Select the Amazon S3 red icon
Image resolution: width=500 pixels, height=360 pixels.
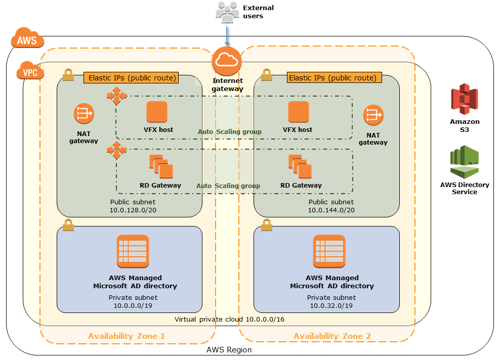click(464, 100)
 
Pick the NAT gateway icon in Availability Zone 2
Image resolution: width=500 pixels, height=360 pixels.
click(372, 115)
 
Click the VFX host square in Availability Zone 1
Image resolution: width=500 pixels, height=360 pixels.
click(156, 112)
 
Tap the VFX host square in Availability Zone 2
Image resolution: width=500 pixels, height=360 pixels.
click(298, 112)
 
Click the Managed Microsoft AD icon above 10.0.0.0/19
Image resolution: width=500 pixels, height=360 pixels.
click(133, 251)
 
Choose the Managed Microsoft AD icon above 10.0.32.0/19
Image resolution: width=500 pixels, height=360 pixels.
click(329, 251)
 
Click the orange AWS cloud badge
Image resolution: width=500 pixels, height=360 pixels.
click(27, 40)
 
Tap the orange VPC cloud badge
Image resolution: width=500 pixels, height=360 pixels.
click(30, 72)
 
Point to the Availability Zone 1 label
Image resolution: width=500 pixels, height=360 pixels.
click(127, 336)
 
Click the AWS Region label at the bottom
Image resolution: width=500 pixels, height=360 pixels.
click(229, 350)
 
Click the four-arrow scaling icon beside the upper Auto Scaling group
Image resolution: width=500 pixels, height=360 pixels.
click(116, 96)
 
